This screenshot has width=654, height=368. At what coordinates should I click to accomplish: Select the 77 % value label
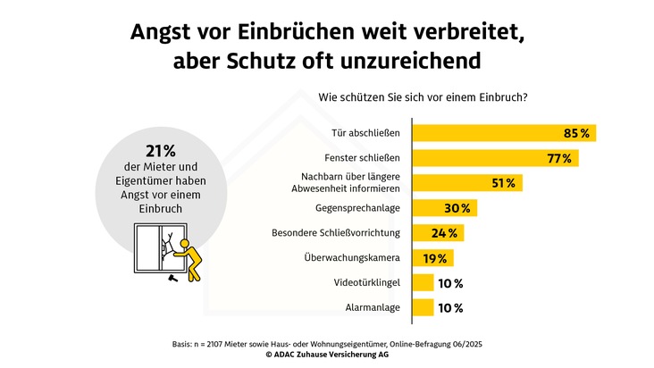558,158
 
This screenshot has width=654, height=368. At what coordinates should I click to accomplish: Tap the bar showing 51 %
465,183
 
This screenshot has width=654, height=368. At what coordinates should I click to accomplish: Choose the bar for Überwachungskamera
432,258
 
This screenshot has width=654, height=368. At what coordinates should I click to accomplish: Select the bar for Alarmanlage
422,308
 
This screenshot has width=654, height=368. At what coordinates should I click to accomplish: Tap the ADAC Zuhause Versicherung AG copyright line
326,354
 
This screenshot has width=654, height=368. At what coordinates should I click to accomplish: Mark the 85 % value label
576,133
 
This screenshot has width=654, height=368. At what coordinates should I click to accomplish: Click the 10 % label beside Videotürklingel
450,283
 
